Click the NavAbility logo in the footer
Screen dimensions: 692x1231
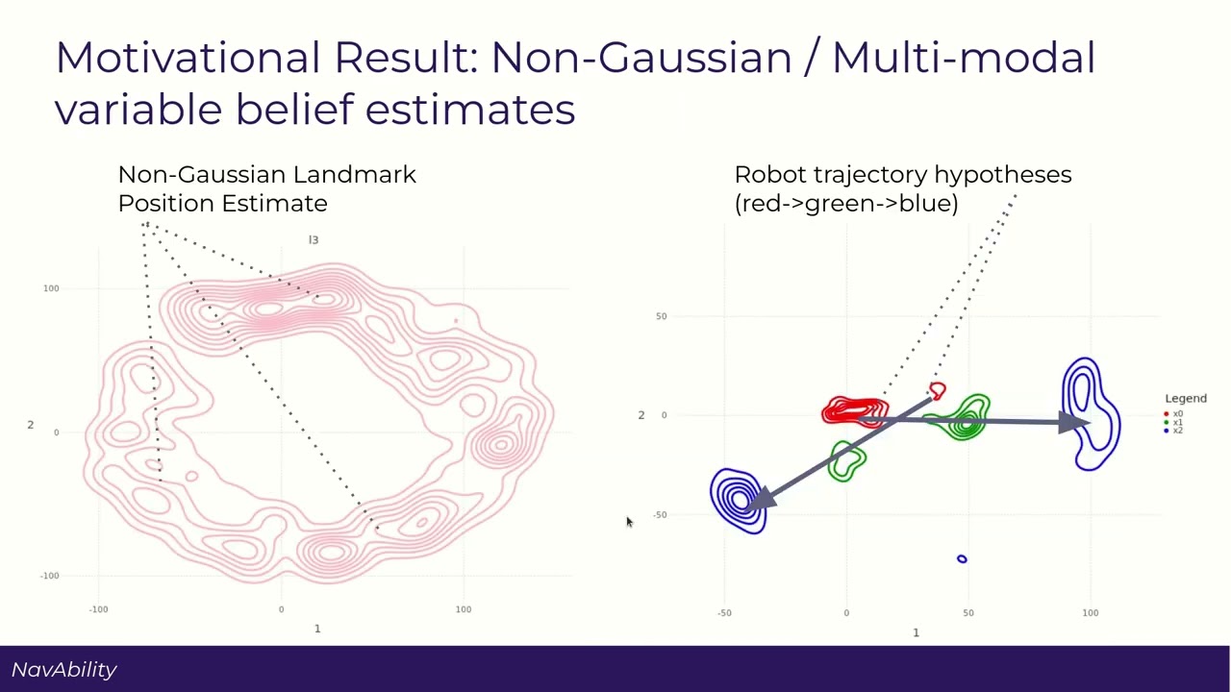pyautogui.click(x=64, y=670)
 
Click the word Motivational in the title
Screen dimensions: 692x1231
pyautogui.click(x=188, y=58)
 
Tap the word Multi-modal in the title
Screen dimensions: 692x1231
pyautogui.click(x=963, y=58)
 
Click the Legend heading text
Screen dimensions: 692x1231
pyautogui.click(x=1185, y=398)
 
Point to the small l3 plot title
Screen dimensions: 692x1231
pyautogui.click(x=314, y=239)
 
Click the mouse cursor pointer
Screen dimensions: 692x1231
pyautogui.click(x=629, y=522)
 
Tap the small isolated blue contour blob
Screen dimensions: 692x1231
pyautogui.click(x=962, y=558)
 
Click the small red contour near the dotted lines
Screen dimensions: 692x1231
pyautogui.click(x=938, y=390)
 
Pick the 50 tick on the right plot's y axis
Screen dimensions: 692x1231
pyautogui.click(x=661, y=316)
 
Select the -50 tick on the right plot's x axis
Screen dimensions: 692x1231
pyautogui.click(x=724, y=612)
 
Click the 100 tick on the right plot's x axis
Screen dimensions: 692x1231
pyautogui.click(x=1090, y=612)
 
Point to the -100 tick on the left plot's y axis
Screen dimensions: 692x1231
pyautogui.click(x=49, y=576)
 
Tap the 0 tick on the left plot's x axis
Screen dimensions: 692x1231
pyautogui.click(x=281, y=608)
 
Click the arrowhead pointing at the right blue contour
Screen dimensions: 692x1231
pyautogui.click(x=1072, y=422)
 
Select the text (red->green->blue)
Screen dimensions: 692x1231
pyautogui.click(x=846, y=203)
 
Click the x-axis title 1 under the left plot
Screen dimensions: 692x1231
pyautogui.click(x=317, y=629)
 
